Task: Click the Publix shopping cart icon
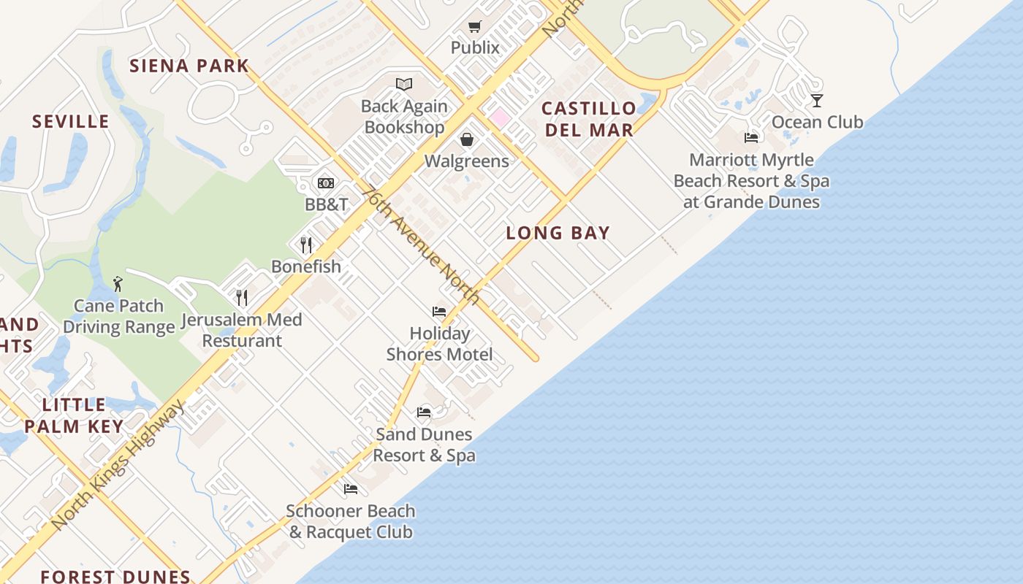[x=475, y=27]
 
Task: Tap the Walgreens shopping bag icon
[x=467, y=139]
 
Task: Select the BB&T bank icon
[x=326, y=182]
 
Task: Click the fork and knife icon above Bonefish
[x=306, y=245]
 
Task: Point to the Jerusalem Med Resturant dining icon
[x=242, y=297]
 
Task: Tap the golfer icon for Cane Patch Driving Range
[x=118, y=284]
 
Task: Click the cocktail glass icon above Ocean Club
[x=817, y=100]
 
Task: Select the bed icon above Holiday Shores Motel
[x=439, y=312]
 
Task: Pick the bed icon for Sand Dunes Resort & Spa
[x=424, y=412]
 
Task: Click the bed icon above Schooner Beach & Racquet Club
[x=351, y=489]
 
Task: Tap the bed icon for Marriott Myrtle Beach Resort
[x=751, y=138]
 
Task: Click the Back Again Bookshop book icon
[x=404, y=85]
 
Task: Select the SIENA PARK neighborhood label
[x=189, y=66]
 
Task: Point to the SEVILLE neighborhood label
[x=70, y=121]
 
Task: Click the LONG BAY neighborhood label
[x=558, y=233]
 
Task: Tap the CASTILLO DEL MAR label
[x=588, y=120]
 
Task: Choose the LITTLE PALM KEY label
[x=74, y=415]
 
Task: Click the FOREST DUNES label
[x=115, y=577]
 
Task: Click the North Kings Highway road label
[x=118, y=466]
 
